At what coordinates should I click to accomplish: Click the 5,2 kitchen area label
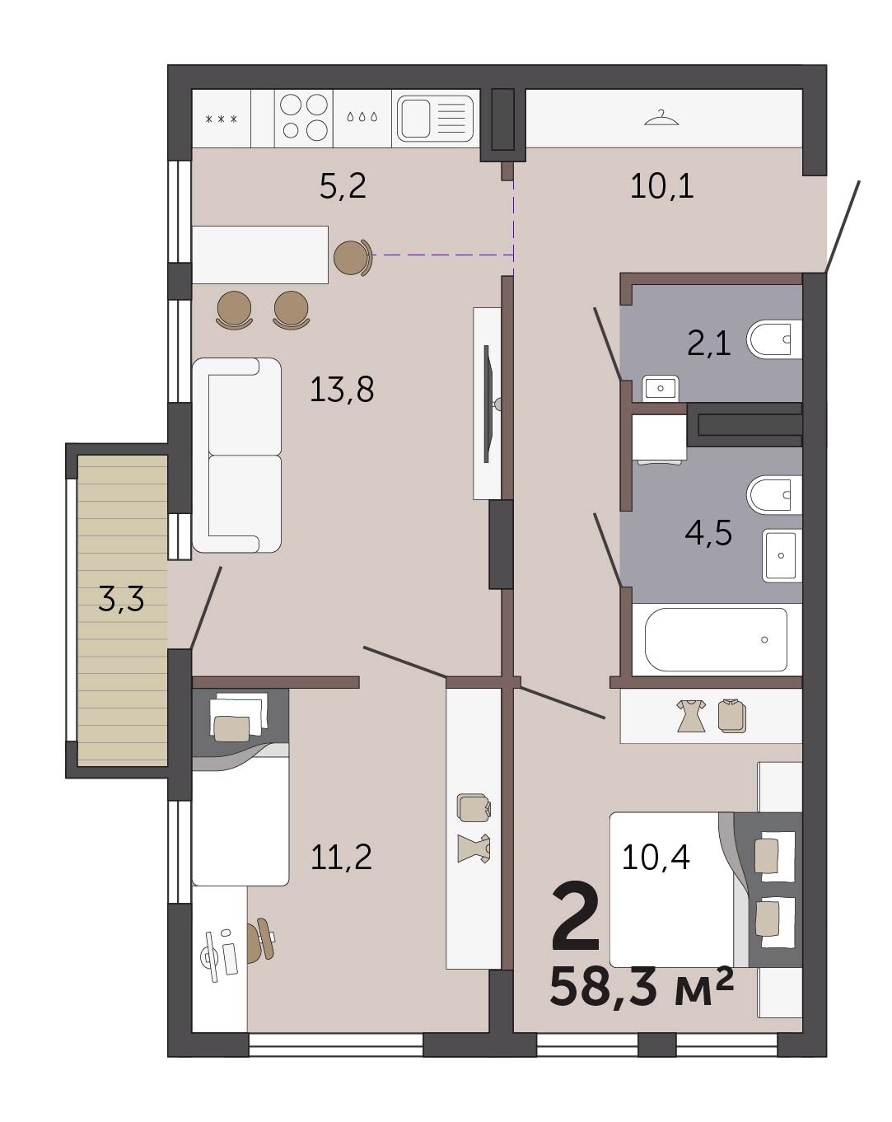342,185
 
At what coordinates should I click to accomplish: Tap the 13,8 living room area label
342,389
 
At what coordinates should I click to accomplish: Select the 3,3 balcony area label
121,599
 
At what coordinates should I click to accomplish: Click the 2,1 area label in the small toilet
709,344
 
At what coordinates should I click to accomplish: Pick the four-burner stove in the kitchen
303,117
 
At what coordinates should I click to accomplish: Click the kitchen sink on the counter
435,119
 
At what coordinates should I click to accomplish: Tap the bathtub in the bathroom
716,639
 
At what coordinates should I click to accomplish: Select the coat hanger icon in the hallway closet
661,118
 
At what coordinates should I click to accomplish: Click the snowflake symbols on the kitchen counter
221,119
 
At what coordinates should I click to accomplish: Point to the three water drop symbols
362,117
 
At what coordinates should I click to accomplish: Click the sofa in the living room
236,455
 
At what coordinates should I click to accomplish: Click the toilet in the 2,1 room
773,339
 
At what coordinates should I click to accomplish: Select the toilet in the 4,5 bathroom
773,494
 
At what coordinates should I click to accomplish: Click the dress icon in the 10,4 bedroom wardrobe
691,715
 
